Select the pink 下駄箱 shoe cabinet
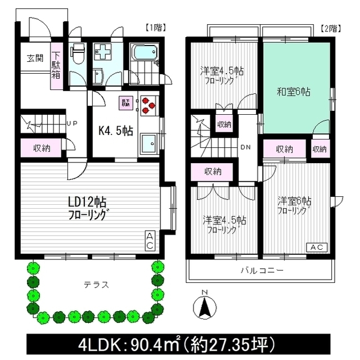[x=57, y=66]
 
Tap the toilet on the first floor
[x=78, y=56]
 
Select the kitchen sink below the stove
[x=148, y=143]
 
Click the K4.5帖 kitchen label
[x=115, y=131]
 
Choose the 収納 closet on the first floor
[x=42, y=148]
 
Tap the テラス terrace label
[x=93, y=285]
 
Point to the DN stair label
[x=246, y=147]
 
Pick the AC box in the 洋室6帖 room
[x=316, y=247]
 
